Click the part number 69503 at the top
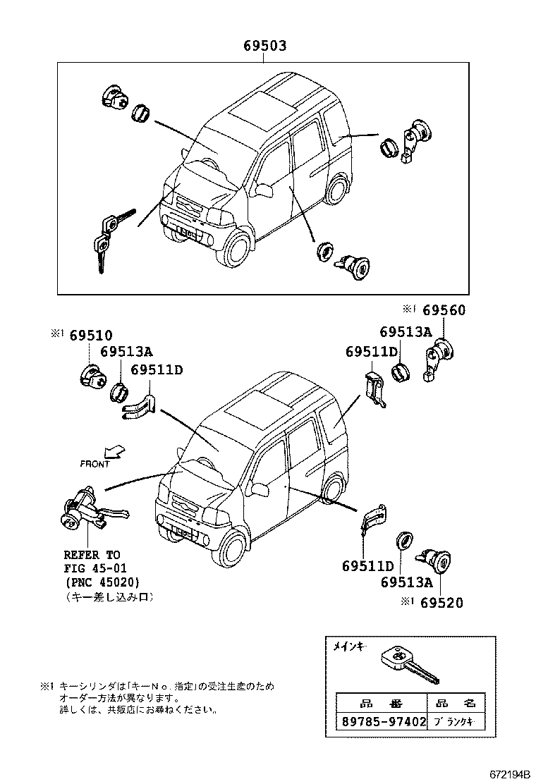click(x=264, y=47)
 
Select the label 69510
click(x=90, y=336)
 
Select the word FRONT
click(x=95, y=464)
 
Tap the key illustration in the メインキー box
click(x=409, y=665)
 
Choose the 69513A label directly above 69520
click(x=406, y=582)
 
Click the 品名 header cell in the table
click(x=456, y=703)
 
